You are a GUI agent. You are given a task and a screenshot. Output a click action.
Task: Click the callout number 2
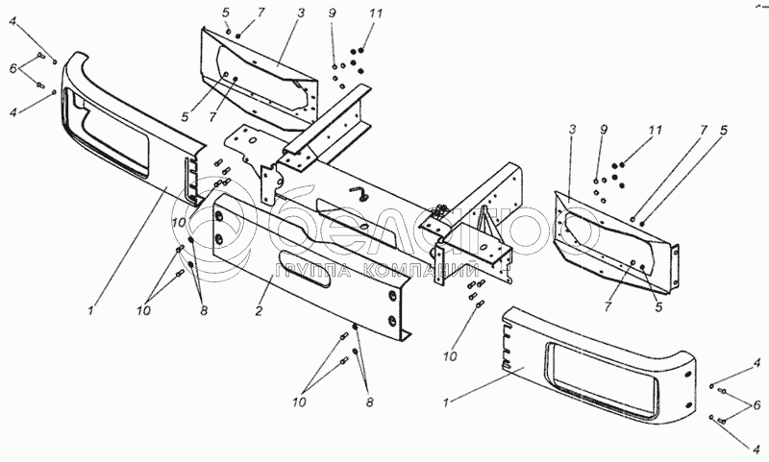[x=259, y=310]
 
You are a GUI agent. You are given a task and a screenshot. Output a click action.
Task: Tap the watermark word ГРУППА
[x=313, y=272]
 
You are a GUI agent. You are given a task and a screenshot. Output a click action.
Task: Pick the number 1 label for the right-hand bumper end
[x=446, y=403]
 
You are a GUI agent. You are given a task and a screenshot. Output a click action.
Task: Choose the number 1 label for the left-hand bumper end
[x=90, y=311]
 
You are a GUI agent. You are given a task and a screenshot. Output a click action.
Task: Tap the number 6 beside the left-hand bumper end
[x=13, y=68]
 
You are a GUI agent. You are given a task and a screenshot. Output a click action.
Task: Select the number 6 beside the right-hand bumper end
[x=757, y=405]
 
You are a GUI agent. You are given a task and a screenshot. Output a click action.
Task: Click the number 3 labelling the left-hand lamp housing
[x=301, y=13]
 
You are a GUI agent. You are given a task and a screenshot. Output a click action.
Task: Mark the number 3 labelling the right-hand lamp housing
[x=572, y=130]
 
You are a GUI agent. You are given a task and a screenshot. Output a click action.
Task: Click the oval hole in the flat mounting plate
[x=252, y=140]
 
